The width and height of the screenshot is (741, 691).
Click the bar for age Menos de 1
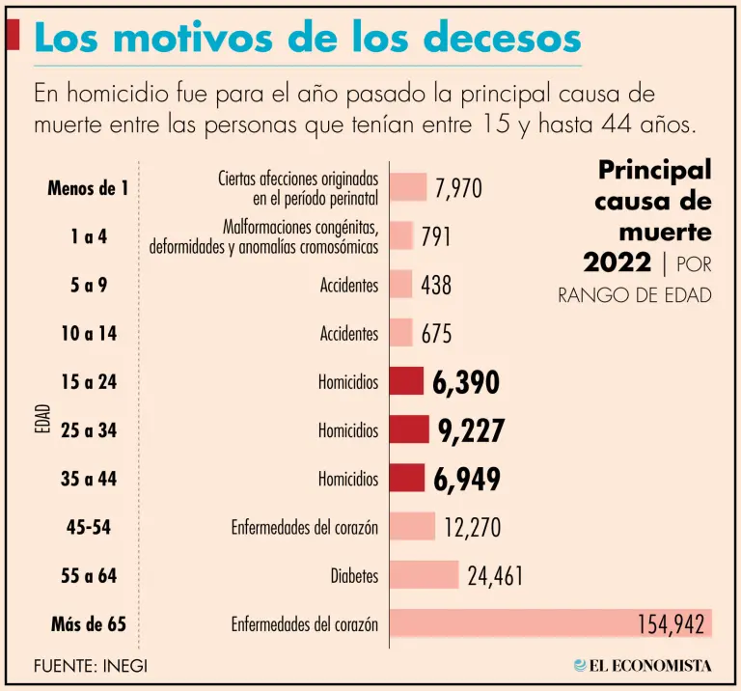tap(408, 187)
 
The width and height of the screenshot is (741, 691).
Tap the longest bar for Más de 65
tap(550, 623)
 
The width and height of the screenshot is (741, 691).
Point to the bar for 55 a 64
tap(425, 575)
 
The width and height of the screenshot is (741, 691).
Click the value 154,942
tap(671, 624)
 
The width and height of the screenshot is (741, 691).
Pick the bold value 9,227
tap(471, 430)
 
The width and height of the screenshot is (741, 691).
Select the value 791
tap(435, 236)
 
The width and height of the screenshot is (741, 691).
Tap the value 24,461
tap(495, 576)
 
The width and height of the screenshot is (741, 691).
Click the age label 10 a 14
tap(89, 334)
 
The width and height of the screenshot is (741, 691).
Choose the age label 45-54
tap(89, 527)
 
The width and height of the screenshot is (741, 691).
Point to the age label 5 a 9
tap(89, 285)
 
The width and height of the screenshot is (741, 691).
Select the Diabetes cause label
tap(354, 576)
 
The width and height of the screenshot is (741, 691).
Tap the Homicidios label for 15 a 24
tap(348, 382)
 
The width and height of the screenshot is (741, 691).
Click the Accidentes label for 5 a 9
tap(349, 285)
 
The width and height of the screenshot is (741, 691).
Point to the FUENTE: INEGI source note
tap(91, 665)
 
